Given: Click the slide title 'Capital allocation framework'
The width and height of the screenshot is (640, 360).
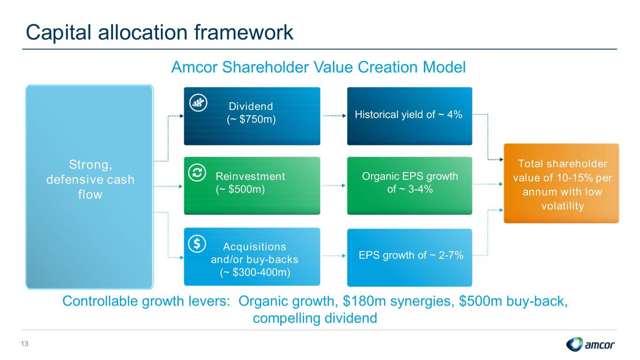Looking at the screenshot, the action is tap(159, 32).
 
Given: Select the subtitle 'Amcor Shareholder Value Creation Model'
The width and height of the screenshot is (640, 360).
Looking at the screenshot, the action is tap(318, 67).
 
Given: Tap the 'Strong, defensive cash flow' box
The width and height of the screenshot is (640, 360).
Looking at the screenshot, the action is tap(90, 187).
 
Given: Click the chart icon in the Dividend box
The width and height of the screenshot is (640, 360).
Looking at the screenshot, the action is tap(198, 103).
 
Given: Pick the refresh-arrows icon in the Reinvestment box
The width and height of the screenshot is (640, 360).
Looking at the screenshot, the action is tap(197, 172).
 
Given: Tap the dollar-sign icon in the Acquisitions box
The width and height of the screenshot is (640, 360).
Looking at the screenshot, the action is tap(197, 244).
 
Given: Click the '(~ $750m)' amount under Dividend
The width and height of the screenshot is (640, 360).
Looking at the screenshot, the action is tap(251, 119).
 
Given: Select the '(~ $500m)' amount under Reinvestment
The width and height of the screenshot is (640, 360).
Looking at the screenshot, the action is tap(240, 189).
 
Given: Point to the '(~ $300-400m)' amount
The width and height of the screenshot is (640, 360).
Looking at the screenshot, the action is tap(255, 272).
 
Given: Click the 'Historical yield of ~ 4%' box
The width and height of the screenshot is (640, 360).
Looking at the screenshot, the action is tap(409, 116).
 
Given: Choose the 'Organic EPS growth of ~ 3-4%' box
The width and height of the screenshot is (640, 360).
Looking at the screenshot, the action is tap(409, 186).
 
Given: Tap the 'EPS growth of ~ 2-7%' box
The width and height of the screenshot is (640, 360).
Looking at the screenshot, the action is tap(409, 257).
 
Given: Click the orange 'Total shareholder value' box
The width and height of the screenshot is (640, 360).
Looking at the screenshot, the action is tap(561, 183).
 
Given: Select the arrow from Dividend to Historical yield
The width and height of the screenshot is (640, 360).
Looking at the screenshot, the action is tap(334, 116).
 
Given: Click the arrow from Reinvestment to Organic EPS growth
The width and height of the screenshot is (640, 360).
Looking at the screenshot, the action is tap(334, 186).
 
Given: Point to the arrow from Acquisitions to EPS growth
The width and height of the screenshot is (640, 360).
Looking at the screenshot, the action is tap(334, 256).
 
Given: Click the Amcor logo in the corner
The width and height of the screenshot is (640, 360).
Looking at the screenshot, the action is tap(590, 344).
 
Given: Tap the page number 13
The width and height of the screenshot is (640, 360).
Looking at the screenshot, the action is tap(24, 344).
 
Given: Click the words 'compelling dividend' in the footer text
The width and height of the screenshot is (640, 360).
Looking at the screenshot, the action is tap(315, 318).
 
